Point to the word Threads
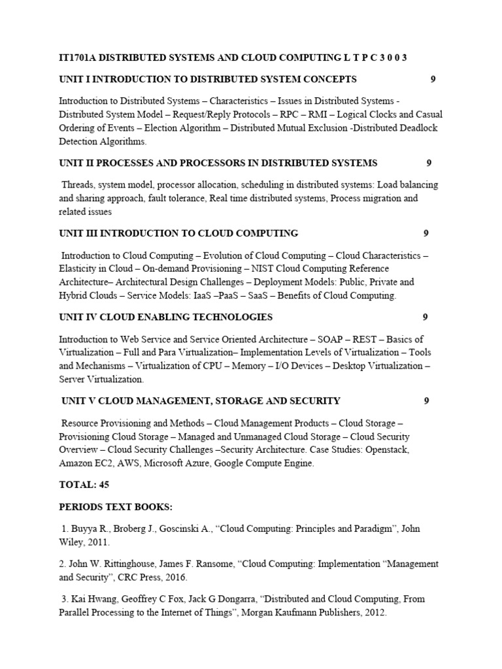click(78, 185)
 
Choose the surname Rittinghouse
click(129, 563)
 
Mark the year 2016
click(175, 577)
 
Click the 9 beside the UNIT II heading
click(429, 163)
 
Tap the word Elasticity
click(78, 269)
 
